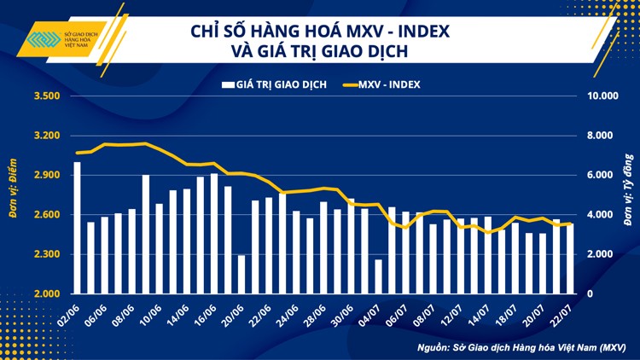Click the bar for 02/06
click(x=78, y=228)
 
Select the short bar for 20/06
click(x=241, y=274)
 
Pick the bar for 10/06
click(x=146, y=235)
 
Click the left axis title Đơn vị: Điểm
click(x=14, y=194)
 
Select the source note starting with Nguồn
click(x=521, y=347)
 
